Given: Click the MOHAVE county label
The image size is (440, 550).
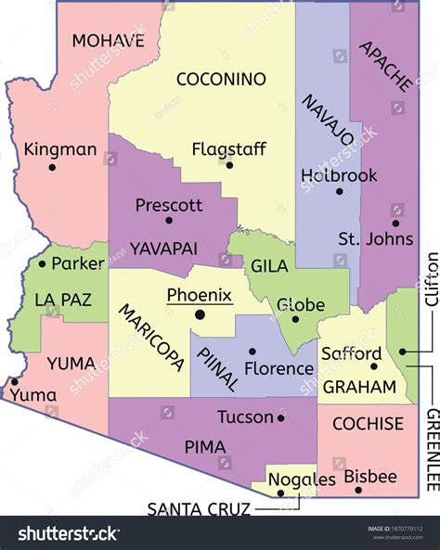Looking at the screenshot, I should pos(108,40).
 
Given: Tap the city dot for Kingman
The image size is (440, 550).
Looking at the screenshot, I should pos(53,168).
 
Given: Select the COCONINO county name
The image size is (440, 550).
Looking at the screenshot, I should pos(221,79).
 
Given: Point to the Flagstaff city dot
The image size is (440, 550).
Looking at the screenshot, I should pos(229,165).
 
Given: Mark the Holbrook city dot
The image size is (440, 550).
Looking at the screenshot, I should pos(339,192).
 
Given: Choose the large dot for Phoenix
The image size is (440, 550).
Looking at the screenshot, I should pos(199,315).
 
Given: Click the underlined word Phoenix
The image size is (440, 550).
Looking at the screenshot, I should pos(199,295).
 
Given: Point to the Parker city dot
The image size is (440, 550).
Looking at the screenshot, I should pos(42,264).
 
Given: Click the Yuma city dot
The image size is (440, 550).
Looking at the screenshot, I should pos(14,380).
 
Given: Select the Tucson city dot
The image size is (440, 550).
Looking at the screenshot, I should pos(281,417).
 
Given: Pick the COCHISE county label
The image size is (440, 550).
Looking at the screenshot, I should pos(368,424).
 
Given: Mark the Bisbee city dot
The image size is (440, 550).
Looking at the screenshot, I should pos(358,490).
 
